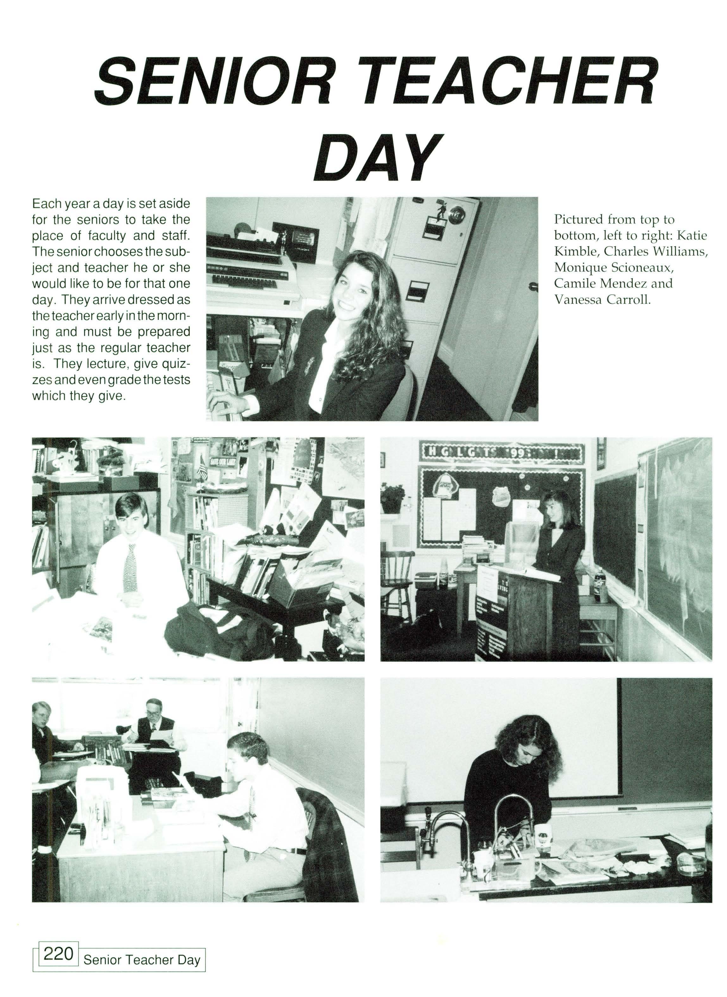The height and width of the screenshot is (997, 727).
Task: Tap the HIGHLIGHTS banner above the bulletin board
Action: pyautogui.click(x=502, y=451)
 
